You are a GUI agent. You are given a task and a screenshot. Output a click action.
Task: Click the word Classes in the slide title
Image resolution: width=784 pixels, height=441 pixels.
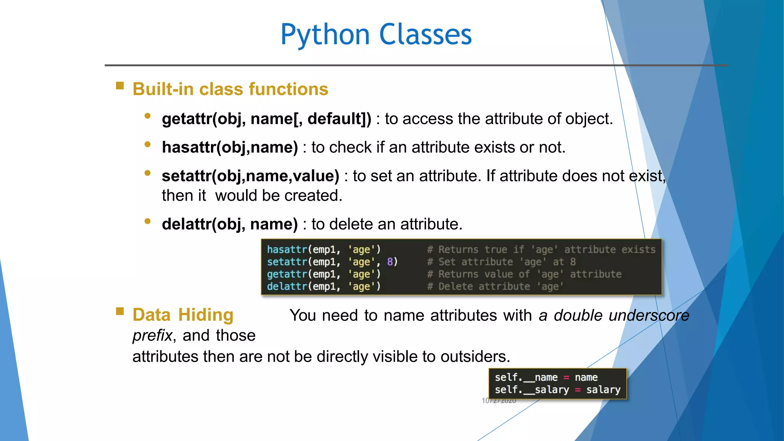[x=425, y=34]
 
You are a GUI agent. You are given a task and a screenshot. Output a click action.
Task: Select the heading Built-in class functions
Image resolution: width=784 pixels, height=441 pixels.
[x=230, y=89]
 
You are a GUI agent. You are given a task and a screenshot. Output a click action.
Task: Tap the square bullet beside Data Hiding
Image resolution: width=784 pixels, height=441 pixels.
[x=120, y=311]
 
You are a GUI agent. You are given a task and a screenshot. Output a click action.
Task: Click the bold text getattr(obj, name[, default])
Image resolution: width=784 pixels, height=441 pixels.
[x=266, y=119]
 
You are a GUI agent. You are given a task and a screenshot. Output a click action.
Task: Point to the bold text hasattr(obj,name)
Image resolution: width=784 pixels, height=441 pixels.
[x=230, y=147]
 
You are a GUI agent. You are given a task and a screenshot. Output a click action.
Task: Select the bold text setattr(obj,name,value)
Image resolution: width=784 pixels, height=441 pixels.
[x=250, y=176]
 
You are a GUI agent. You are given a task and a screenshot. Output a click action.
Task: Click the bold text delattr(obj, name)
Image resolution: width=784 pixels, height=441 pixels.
[x=230, y=224]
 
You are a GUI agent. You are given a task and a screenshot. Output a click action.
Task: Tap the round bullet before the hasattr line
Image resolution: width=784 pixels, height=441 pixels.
[x=147, y=145]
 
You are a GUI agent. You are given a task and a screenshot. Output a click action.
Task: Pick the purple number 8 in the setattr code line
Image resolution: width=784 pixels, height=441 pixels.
[x=390, y=262]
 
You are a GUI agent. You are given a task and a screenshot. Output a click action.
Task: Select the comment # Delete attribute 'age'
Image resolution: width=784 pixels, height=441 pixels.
[x=495, y=286]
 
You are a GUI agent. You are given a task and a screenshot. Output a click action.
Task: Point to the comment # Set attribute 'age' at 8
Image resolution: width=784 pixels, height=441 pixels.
[x=501, y=262]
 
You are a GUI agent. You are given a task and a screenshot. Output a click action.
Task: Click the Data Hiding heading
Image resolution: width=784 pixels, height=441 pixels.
[x=183, y=315]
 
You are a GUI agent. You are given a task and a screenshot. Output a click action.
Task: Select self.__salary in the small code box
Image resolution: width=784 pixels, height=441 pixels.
[x=532, y=390]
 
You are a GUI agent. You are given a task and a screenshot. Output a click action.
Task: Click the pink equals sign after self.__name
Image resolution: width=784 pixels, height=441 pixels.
[x=566, y=377]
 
